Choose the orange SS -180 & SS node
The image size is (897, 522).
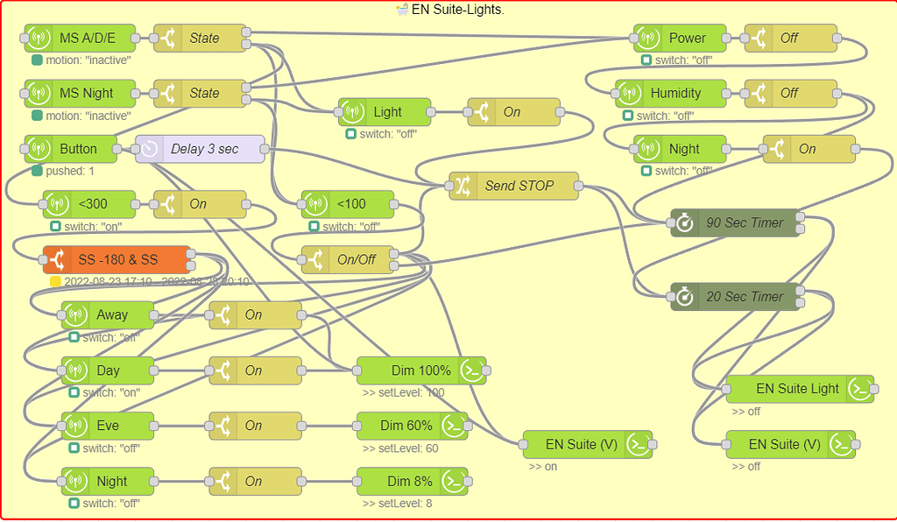(x=117, y=260)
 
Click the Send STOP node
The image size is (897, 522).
(x=514, y=186)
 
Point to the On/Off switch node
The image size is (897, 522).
(x=348, y=260)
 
